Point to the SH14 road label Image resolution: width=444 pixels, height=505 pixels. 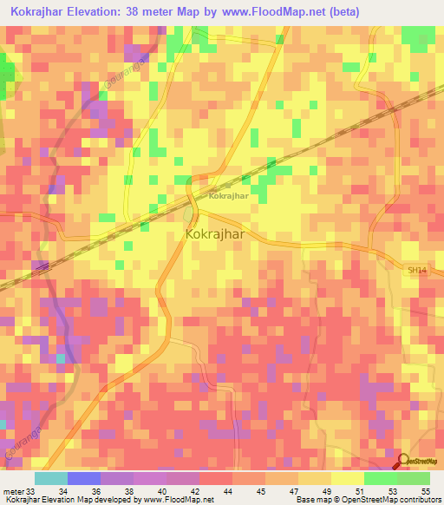click(x=417, y=271)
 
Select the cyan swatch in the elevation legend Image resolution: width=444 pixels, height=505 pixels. click(x=51, y=478)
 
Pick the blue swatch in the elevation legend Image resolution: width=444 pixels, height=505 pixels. click(x=84, y=478)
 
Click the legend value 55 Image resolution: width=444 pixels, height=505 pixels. click(x=425, y=491)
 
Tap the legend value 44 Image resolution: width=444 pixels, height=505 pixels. click(x=227, y=491)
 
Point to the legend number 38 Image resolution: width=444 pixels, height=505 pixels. click(x=128, y=491)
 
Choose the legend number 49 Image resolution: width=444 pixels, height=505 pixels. click(x=326, y=491)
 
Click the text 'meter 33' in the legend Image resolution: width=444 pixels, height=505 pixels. click(x=18, y=491)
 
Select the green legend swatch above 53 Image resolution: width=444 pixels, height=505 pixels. click(x=381, y=478)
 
